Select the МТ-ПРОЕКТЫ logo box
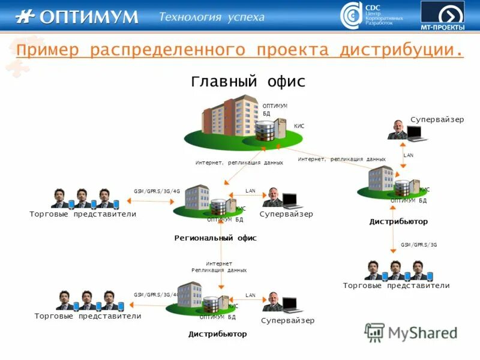tap(442, 16)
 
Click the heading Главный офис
tap(248, 81)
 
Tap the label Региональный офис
tap(215, 238)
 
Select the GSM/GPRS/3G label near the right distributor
tap(419, 245)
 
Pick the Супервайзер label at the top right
tap(437, 119)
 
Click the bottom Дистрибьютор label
tap(217, 334)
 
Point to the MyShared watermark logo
tap(411, 332)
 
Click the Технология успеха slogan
tap(211, 17)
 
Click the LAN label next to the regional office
tap(250, 191)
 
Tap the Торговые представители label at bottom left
tap(88, 316)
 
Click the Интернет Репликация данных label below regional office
tap(219, 267)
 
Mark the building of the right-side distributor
tap(380, 178)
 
